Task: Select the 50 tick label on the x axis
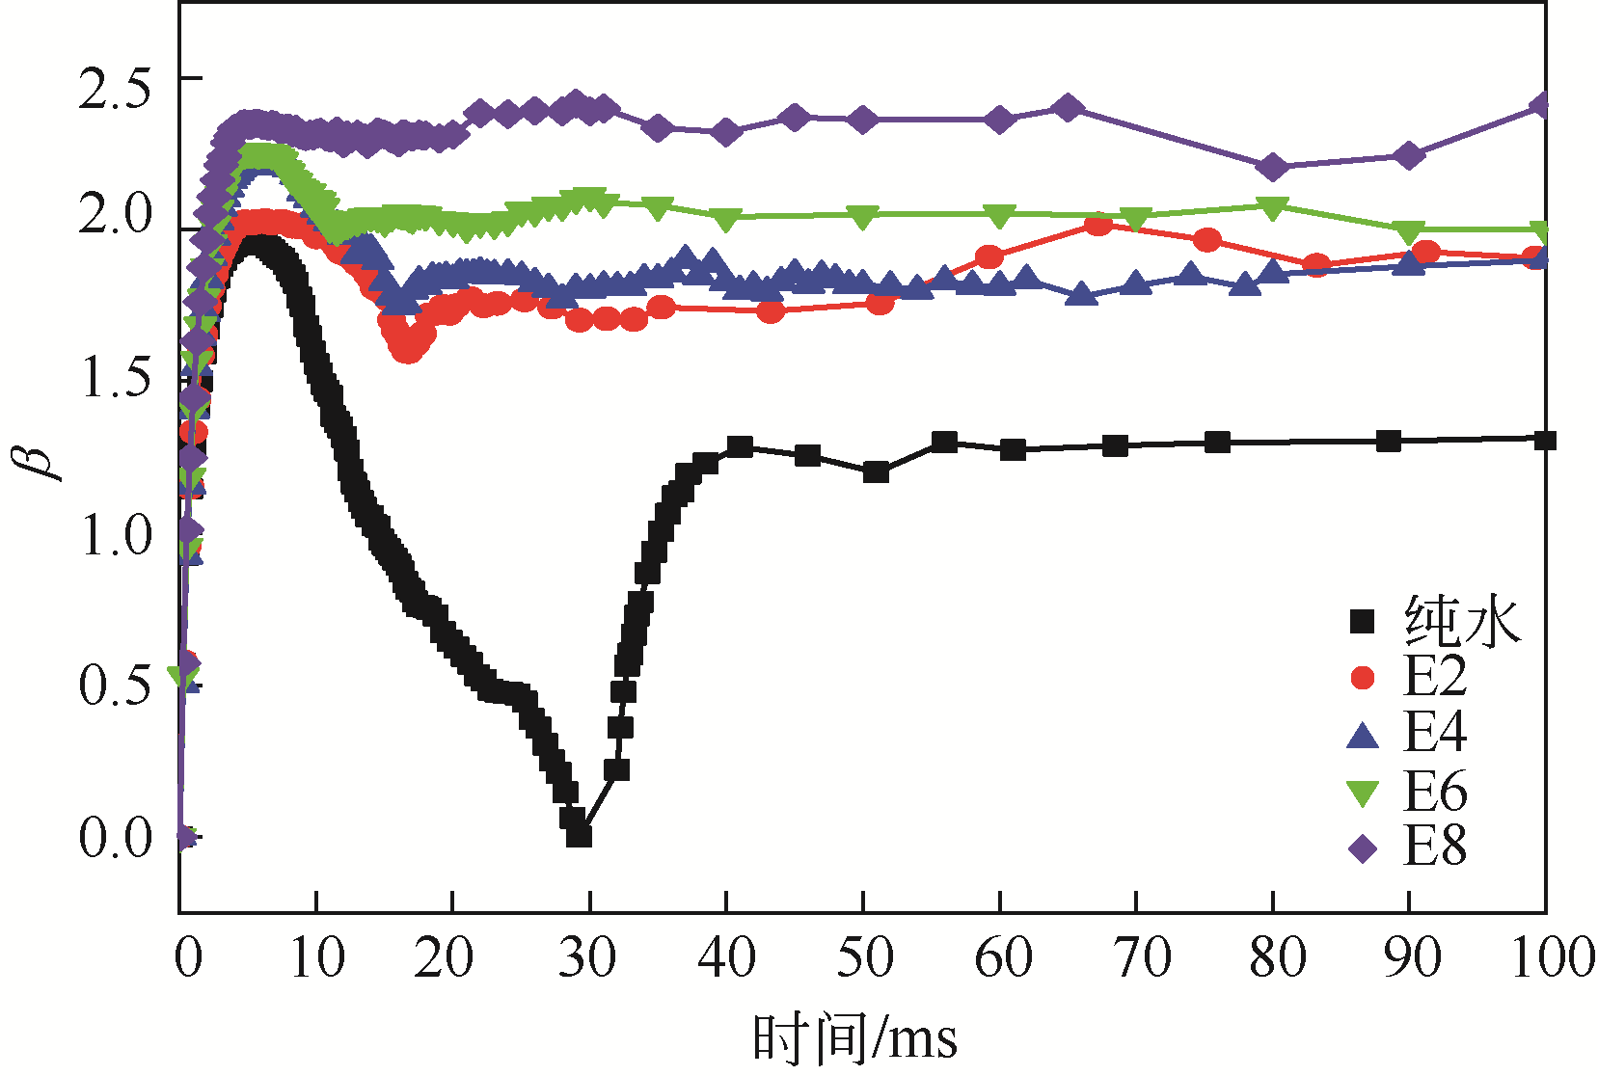pos(864,957)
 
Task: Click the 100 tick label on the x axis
pos(1551,957)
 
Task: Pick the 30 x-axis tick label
pos(588,957)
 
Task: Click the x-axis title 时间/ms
pos(854,1039)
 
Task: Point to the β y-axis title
pos(41,460)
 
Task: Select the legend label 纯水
pos(1462,621)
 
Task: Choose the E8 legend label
pos(1434,847)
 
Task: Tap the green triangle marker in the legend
pos(1363,793)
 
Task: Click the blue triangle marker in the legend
pos(1363,735)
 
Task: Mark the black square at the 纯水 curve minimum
pos(578,834)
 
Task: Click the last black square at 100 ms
pos(1545,441)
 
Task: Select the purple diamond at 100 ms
pos(1541,105)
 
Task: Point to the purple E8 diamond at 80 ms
pos(1273,167)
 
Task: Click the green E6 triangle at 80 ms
pos(1273,207)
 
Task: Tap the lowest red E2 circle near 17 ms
pos(408,349)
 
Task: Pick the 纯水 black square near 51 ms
pos(876,471)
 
